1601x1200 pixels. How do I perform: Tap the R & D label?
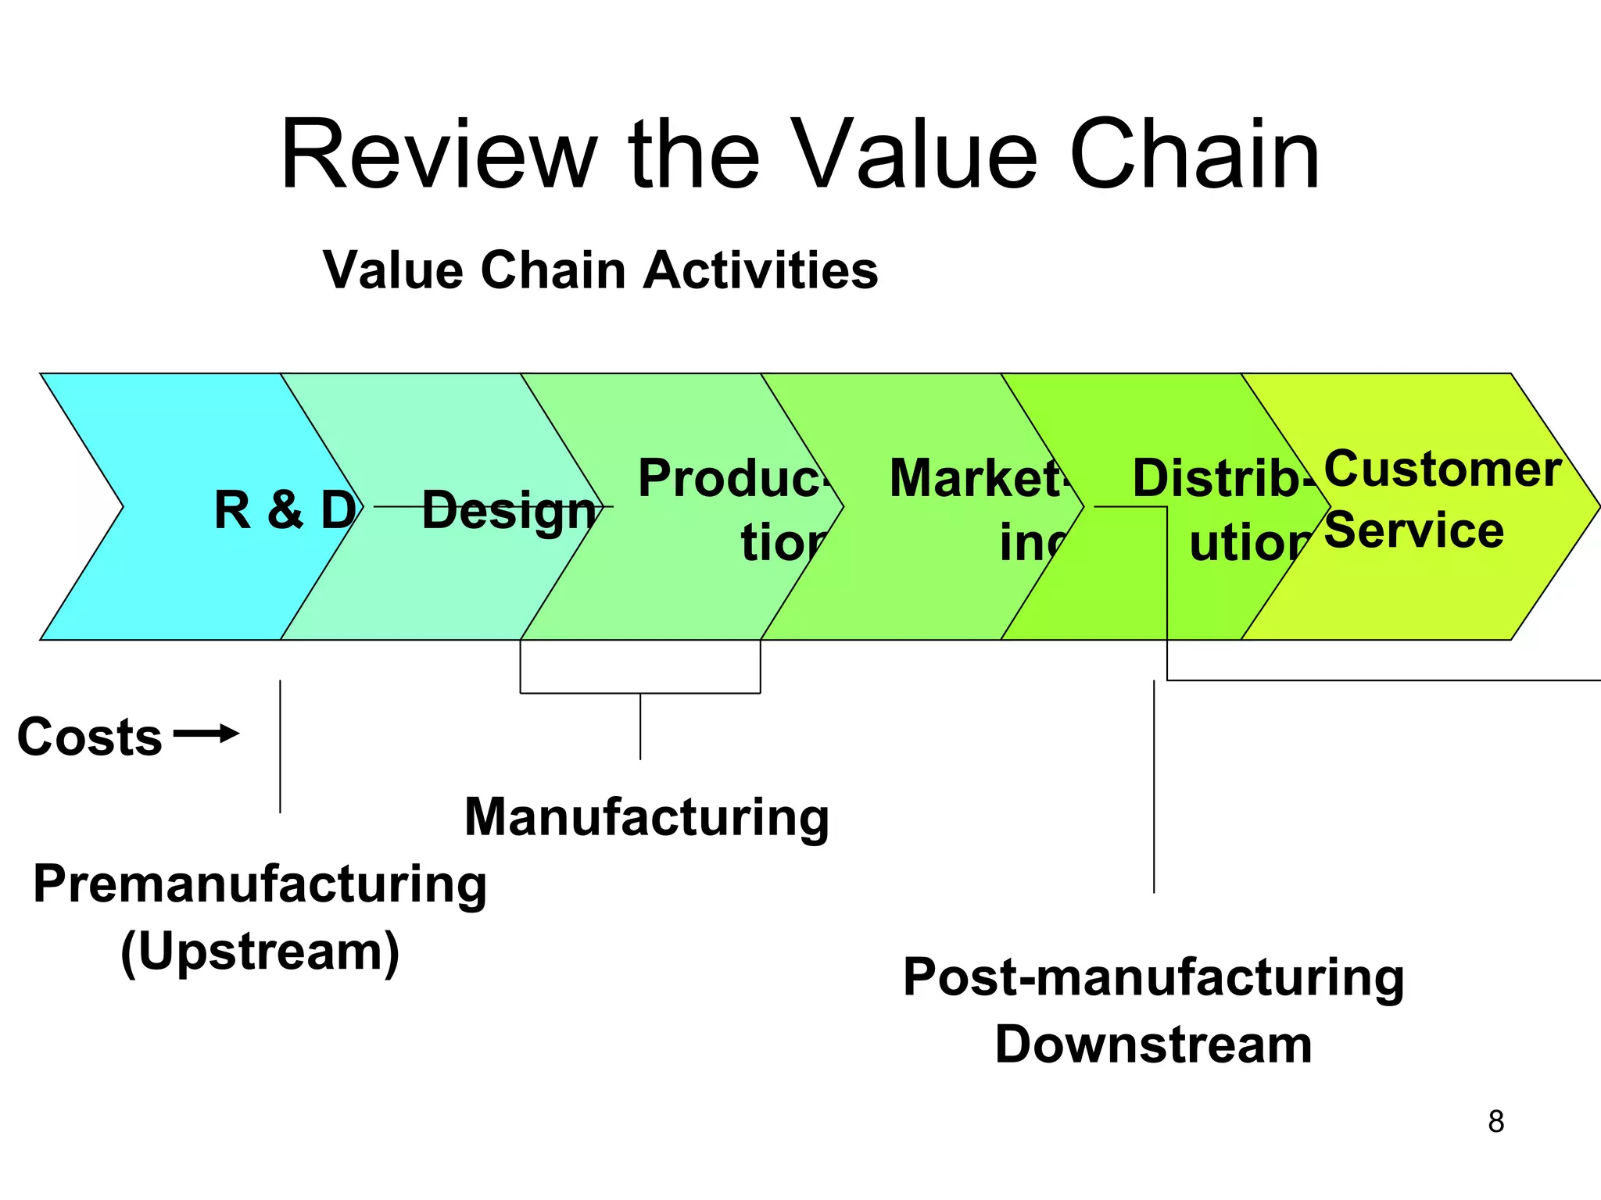pyautogui.click(x=285, y=509)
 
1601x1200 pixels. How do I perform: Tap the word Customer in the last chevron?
pyautogui.click(x=1442, y=470)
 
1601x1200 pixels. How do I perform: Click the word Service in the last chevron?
pyautogui.click(x=1413, y=531)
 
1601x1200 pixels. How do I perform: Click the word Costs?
pyautogui.click(x=89, y=737)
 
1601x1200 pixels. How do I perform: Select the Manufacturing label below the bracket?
pyautogui.click(x=646, y=817)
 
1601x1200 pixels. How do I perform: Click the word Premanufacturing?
pyautogui.click(x=260, y=884)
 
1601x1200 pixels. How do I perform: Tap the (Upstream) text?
pyautogui.click(x=260, y=952)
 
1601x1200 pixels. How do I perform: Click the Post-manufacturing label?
pyautogui.click(x=1153, y=977)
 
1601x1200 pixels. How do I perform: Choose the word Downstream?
pyautogui.click(x=1153, y=1045)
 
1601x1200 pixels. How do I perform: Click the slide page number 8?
pyautogui.click(x=1495, y=1122)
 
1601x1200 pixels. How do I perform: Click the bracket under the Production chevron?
pyautogui.click(x=640, y=693)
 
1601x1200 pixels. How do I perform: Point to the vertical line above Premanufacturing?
pyautogui.click(x=280, y=746)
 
